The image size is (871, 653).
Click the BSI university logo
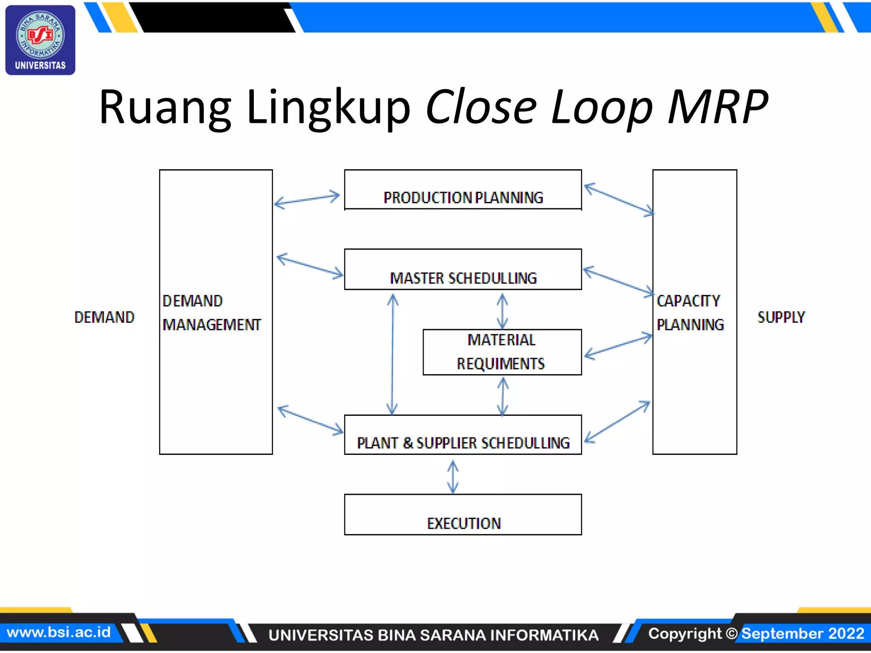40,40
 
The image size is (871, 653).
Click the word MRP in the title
717,107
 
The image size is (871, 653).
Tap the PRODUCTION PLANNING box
463,190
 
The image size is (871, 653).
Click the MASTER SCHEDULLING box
463,270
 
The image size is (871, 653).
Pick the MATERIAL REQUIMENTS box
502,352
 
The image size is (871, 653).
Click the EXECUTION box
463,515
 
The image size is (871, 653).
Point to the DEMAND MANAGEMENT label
211,313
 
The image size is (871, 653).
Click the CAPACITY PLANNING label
689,313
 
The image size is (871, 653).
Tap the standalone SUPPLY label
781,317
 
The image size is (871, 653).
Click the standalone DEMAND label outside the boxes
104,317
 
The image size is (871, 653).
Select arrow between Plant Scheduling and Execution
453,477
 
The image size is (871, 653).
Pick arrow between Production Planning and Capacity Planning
619,199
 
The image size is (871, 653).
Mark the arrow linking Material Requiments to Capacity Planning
618,346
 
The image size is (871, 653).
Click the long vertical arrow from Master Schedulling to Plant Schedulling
392,354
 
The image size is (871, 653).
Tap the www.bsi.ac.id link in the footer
59,632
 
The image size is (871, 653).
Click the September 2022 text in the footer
803,633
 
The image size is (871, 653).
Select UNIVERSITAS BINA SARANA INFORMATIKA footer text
433,635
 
